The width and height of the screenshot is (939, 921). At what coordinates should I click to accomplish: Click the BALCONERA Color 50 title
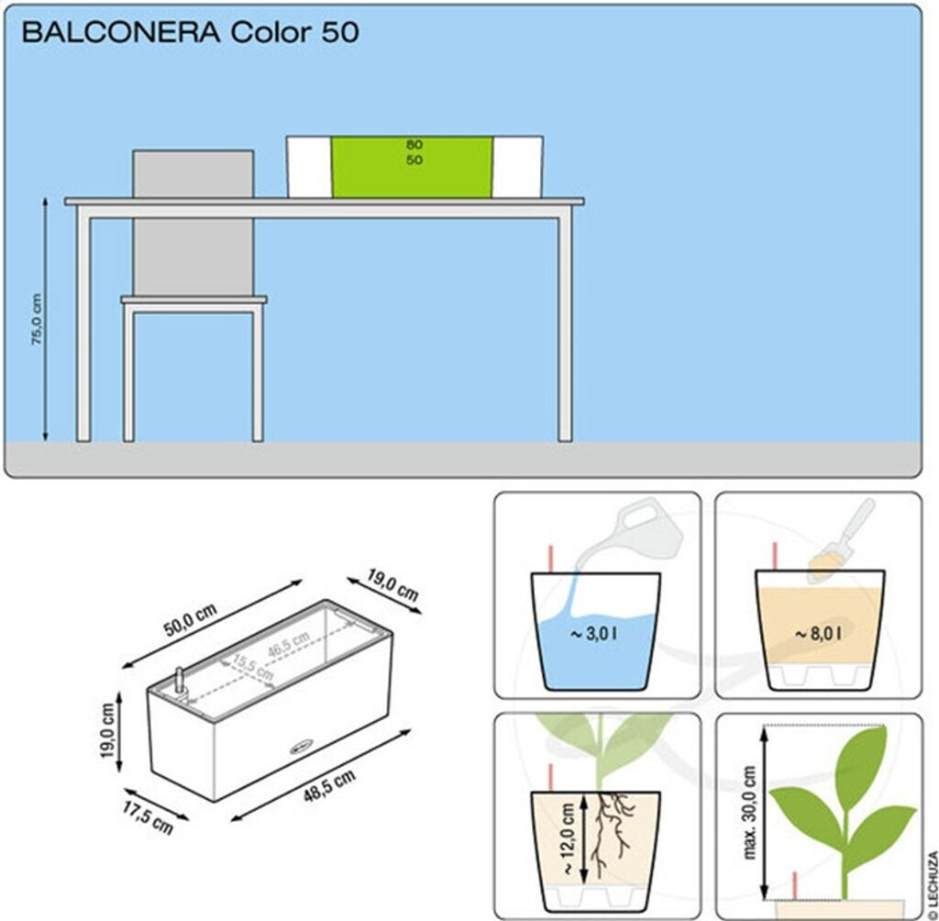pos(190,33)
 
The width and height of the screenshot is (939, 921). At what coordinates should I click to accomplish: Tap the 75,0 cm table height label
pos(38,319)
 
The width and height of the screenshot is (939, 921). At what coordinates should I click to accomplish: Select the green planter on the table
pos(412,168)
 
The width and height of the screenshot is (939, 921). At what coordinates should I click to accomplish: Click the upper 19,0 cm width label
pos(393,584)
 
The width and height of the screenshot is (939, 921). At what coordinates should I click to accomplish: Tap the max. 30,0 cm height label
pos(751,813)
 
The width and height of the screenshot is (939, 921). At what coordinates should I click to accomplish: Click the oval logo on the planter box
pos(300,746)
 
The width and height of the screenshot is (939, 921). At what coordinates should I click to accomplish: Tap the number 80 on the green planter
pos(414,145)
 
